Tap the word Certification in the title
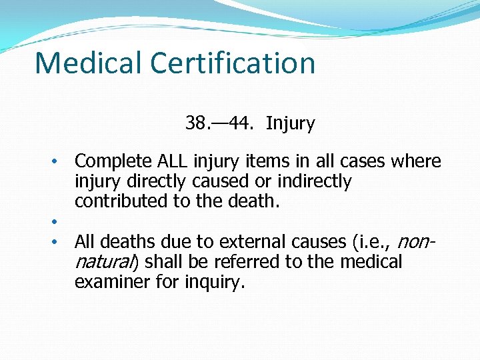click(x=233, y=63)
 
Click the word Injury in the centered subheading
click(x=290, y=124)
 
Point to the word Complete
click(x=114, y=162)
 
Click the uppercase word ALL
click(x=173, y=161)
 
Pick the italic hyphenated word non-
click(x=419, y=241)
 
